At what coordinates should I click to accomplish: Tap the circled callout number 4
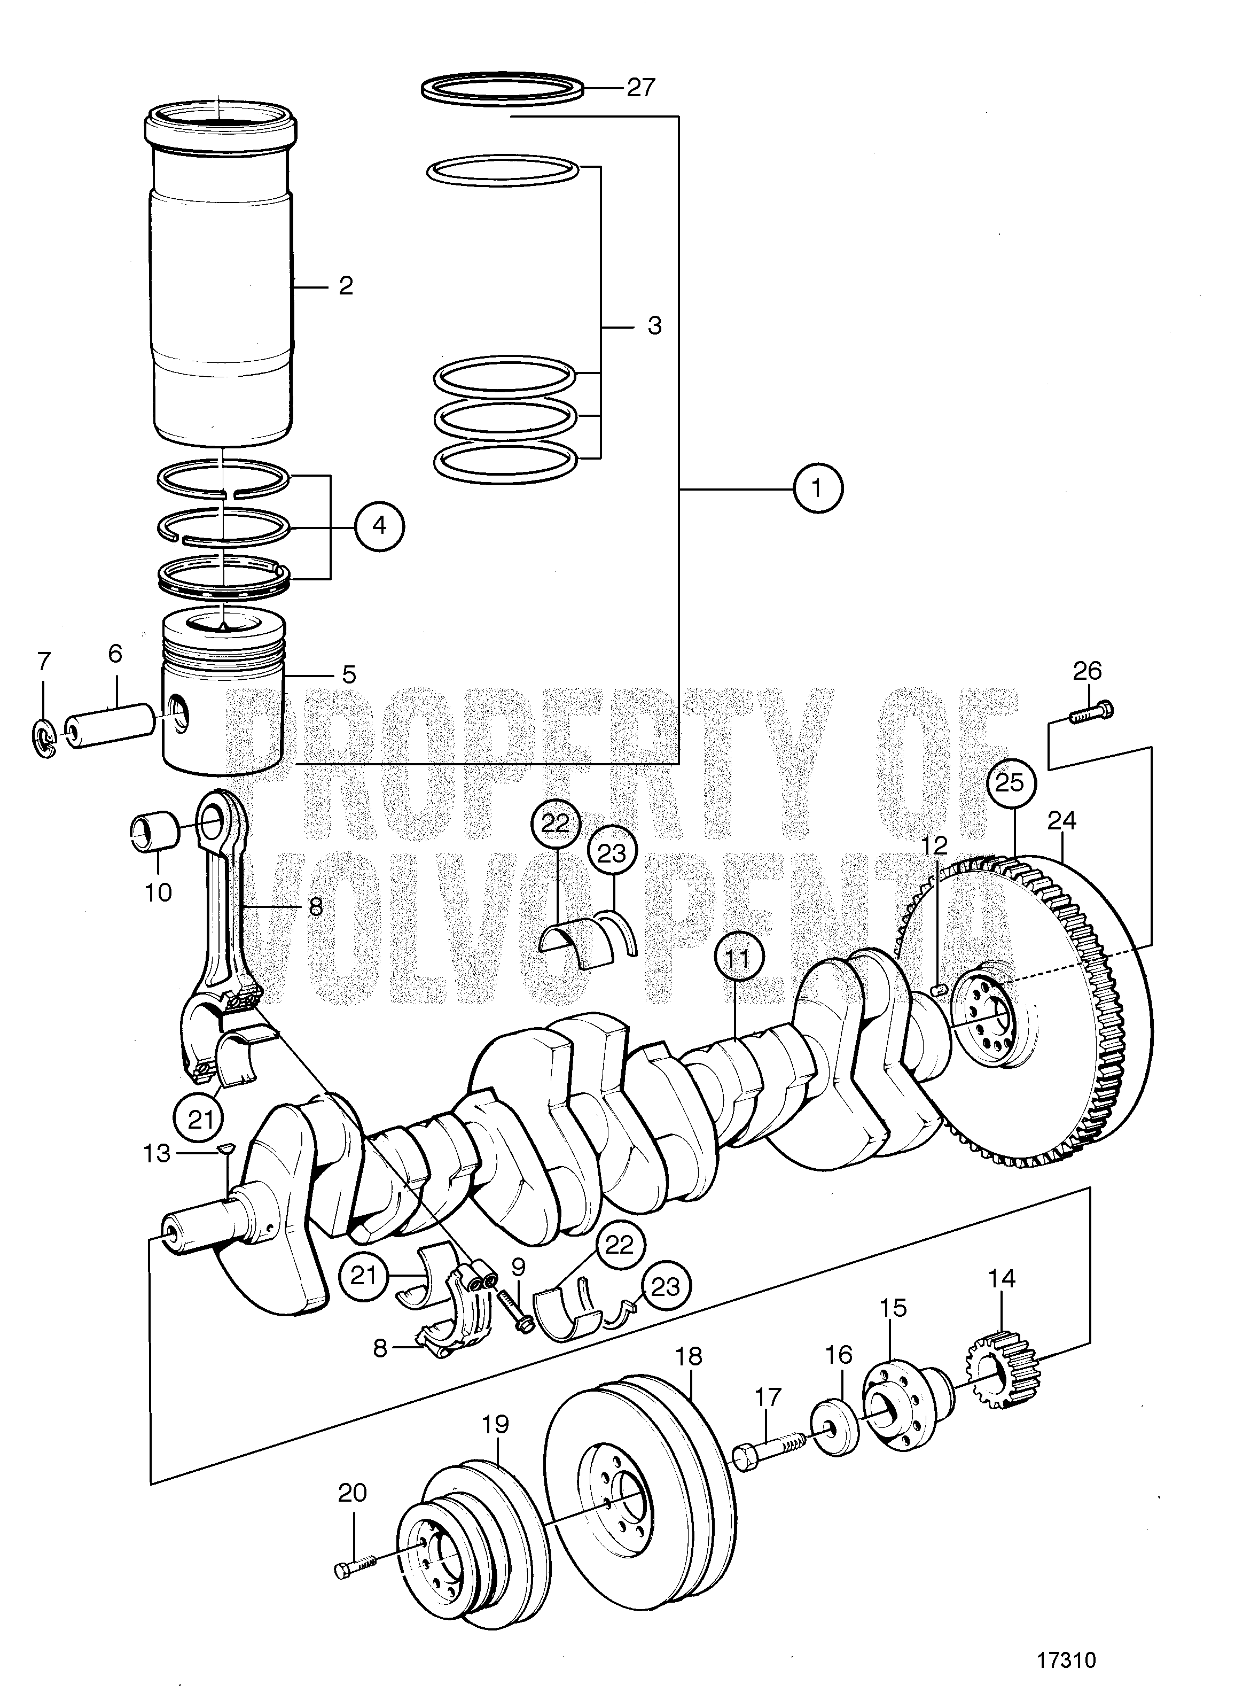tap(379, 526)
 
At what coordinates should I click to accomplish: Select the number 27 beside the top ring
tap(640, 88)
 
